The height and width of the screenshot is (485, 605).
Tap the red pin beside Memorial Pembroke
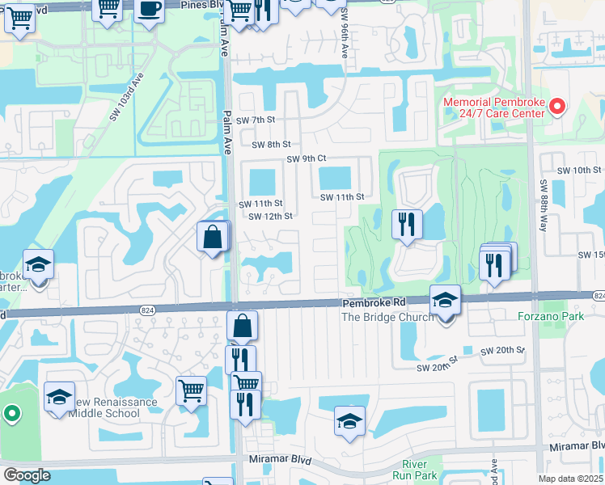(x=556, y=106)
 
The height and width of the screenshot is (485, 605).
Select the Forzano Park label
(x=551, y=316)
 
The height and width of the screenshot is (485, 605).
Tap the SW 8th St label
(x=271, y=145)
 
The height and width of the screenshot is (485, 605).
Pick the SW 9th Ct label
(x=306, y=158)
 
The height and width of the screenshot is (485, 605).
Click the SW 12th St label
(x=270, y=216)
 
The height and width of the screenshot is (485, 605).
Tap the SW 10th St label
(x=586, y=171)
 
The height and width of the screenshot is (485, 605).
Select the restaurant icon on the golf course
(x=407, y=224)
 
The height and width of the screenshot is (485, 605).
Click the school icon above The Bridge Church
(x=444, y=300)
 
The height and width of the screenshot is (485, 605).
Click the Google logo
(x=26, y=475)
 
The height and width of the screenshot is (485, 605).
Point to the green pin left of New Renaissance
(x=11, y=415)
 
